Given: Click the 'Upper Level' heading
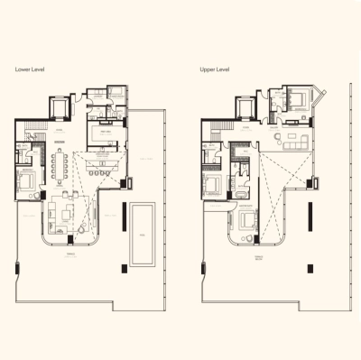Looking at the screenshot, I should tap(216, 69).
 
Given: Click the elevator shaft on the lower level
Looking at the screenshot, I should tap(55, 109).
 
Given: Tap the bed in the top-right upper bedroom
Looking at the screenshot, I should tap(297, 98).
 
